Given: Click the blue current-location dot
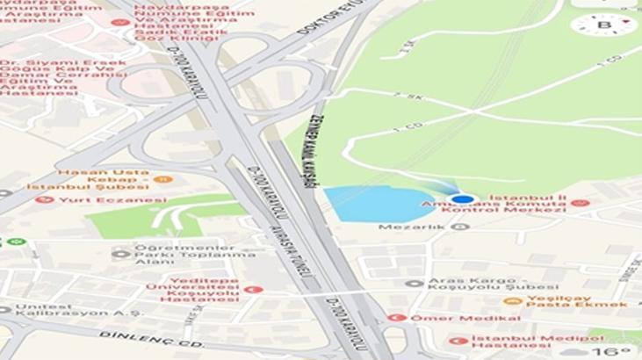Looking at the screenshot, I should tap(465, 199).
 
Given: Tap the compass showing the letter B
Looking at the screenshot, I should tap(603, 25).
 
